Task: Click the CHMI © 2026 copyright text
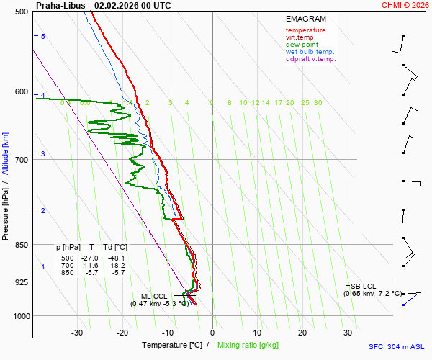tap(406, 5)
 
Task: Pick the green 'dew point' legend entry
tap(302, 45)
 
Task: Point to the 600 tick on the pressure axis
tap(21, 91)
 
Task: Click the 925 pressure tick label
tap(21, 282)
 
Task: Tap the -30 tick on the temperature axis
tap(77, 333)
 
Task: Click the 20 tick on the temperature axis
tap(302, 333)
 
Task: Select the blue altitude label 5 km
tap(43, 36)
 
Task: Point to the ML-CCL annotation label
tap(154, 296)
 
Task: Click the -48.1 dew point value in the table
tap(116, 258)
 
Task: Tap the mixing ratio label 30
tap(318, 103)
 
